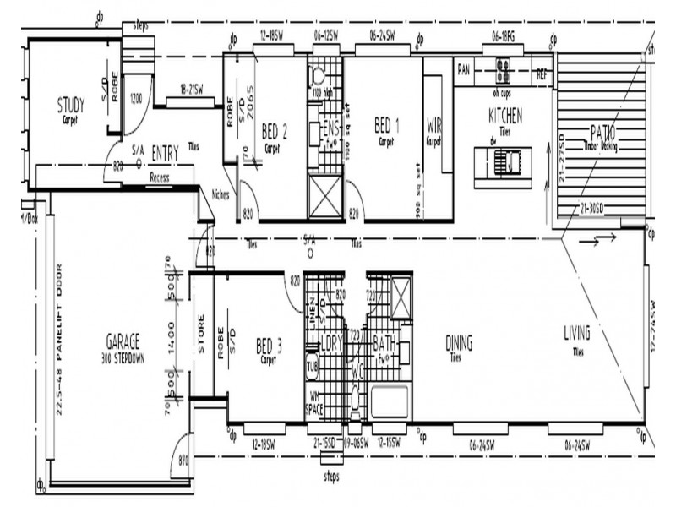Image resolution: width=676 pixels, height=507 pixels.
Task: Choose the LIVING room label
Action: point(577,335)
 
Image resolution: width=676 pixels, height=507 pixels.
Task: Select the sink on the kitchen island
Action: point(507,160)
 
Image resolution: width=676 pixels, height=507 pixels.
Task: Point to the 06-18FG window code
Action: point(504,36)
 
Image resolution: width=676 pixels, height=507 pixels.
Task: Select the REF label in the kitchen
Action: point(542,74)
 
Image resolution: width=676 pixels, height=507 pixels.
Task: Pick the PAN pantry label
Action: point(463,68)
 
